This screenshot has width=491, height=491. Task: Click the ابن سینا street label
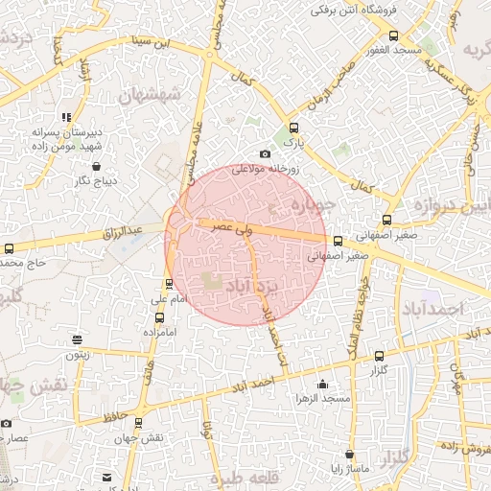point(158,42)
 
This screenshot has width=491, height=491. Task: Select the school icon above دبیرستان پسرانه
point(67,117)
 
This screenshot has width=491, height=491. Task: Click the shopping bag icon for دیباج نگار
point(83,165)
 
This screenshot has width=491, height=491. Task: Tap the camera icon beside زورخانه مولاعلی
point(265,154)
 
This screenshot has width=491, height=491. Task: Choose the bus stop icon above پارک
point(293,127)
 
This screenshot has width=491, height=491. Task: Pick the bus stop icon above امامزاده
point(159,316)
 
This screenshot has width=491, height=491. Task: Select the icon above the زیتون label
point(77,339)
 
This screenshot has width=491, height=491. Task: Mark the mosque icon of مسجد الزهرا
point(321,385)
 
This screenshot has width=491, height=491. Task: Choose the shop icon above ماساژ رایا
point(348,454)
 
